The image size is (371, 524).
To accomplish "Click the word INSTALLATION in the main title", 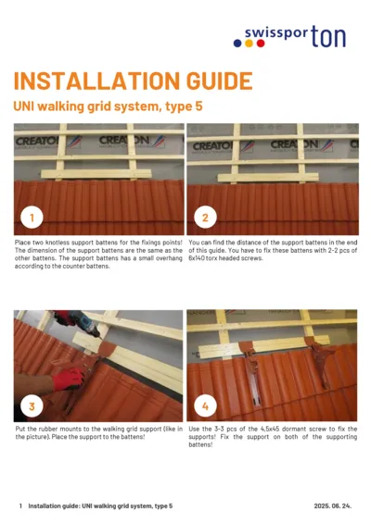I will pos(84,81).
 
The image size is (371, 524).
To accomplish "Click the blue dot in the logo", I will pos(237,44).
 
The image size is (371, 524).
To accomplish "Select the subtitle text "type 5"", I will pos(183,106).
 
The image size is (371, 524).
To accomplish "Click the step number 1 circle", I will pos(32,218).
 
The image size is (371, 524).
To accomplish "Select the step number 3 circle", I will pos(32,405).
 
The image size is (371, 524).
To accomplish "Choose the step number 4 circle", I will pos(204,405).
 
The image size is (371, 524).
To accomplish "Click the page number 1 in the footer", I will pos(20,506).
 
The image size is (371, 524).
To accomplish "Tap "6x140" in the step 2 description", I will pos(198,258).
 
